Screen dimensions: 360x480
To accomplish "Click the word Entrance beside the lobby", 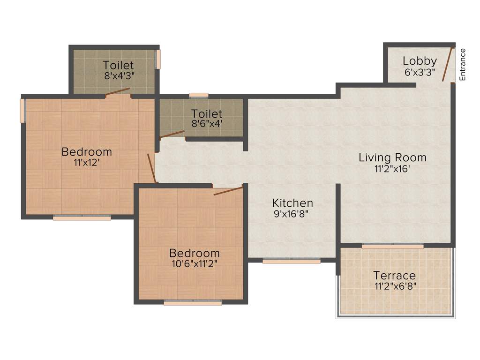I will coord(462,65).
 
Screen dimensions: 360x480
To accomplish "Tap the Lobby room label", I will coord(420,61).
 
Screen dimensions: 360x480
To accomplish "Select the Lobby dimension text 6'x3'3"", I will coord(420,72).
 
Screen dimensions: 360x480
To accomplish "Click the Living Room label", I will coord(392,157).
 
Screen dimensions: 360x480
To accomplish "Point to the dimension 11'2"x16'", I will coord(392,169).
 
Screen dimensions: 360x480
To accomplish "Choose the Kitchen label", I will coord(292,203).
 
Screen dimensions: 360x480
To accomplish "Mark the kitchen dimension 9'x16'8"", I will coord(292,215).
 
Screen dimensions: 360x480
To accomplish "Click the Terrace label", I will coord(394,275).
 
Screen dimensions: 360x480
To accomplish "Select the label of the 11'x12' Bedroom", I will coord(87,152).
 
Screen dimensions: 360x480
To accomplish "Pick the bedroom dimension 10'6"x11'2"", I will coord(194,263).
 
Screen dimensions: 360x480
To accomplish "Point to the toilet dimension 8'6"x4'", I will coord(207,124).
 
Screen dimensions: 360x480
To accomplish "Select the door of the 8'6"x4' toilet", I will coord(172,134).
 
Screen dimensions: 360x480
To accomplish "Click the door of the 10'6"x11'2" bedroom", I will coord(229,190).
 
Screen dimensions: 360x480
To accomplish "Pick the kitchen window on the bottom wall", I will coord(291,261).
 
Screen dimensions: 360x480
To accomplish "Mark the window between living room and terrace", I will coord(392,246).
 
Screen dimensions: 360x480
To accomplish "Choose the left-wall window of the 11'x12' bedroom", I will coord(22,111).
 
